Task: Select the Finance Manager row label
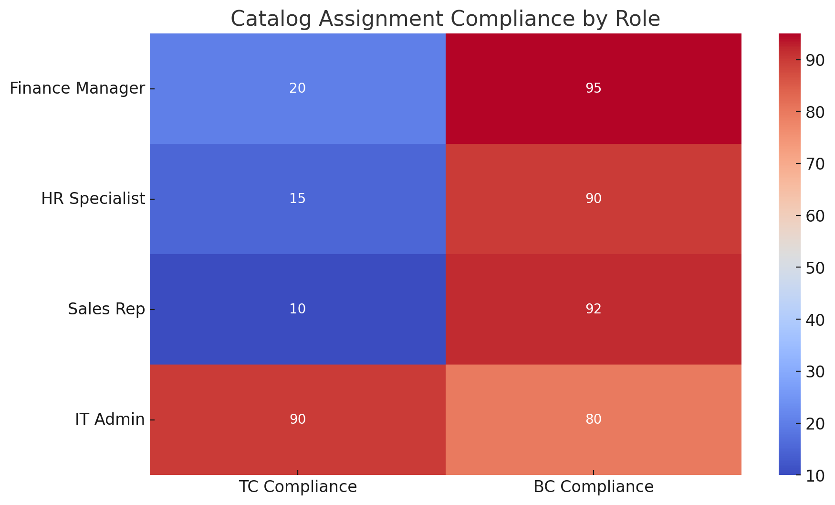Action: (x=77, y=88)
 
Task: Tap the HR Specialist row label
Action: (x=93, y=199)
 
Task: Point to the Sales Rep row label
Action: (x=106, y=309)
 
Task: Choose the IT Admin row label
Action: (x=110, y=419)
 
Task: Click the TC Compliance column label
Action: (x=298, y=486)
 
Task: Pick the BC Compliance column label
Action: (x=594, y=486)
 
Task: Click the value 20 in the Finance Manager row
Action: (x=297, y=88)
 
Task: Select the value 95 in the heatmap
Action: (x=594, y=88)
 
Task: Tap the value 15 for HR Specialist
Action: (x=297, y=199)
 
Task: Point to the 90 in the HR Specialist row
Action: (x=594, y=199)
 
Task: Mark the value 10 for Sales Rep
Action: (x=297, y=309)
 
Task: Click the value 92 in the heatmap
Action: (x=594, y=309)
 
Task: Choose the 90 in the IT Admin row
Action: (x=297, y=419)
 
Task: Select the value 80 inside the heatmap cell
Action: (x=594, y=419)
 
